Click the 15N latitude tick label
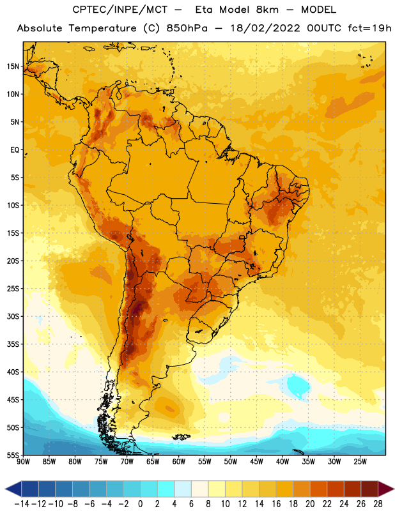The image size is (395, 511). [x=13, y=66]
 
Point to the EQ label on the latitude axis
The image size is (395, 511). [x=15, y=150]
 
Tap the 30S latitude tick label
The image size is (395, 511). [x=13, y=316]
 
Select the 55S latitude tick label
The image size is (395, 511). [x=13, y=455]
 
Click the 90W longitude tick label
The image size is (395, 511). [x=23, y=461]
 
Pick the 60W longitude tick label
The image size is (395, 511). [x=179, y=461]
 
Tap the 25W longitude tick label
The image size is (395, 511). [x=360, y=461]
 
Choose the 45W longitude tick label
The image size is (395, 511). [x=256, y=461]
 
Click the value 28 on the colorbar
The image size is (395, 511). [x=378, y=504]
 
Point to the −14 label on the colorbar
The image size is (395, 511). [x=22, y=504]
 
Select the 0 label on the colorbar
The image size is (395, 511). [x=140, y=504]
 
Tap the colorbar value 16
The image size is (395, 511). [x=276, y=504]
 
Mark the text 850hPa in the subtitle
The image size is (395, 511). [x=187, y=28]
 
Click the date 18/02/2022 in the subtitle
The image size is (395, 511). [x=265, y=28]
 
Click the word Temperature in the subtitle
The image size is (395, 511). [x=103, y=28]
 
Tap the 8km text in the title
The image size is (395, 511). [x=267, y=10]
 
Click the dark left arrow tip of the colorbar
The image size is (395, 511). [x=6, y=489]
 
